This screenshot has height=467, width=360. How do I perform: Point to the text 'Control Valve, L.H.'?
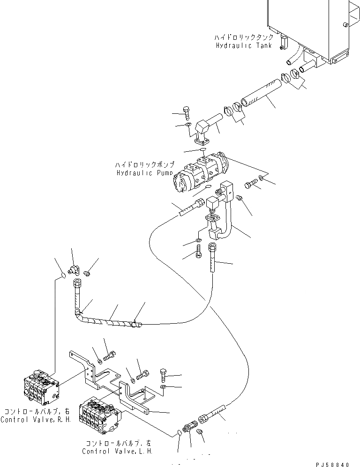point(117,451)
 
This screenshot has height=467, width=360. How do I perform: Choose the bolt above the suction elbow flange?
point(186,113)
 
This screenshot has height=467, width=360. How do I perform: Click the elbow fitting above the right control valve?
point(73,269)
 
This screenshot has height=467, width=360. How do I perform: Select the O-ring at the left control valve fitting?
point(180,433)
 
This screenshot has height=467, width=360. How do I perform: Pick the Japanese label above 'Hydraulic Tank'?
point(243,37)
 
